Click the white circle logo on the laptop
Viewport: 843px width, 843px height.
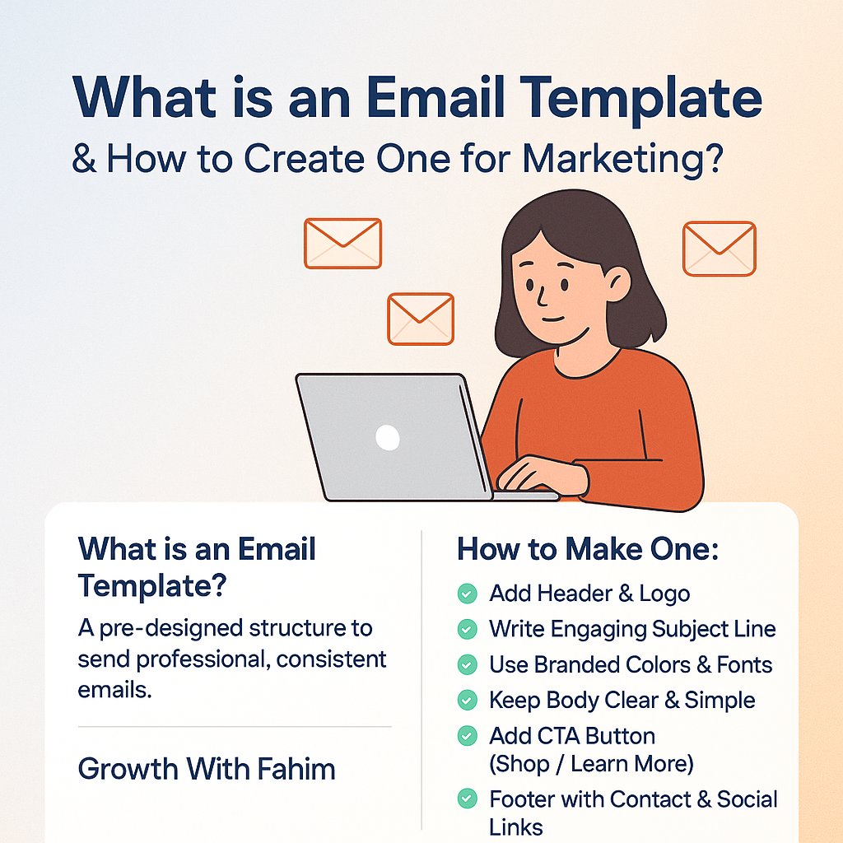pyautogui.click(x=387, y=437)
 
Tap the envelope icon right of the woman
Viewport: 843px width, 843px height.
pyautogui.click(x=719, y=249)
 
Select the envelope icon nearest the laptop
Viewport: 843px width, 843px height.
pyautogui.click(x=421, y=319)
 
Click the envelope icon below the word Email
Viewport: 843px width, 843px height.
pyautogui.click(x=342, y=243)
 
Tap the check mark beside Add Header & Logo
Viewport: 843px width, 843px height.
pyautogui.click(x=467, y=593)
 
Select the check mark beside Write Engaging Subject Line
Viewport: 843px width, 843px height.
pyautogui.click(x=467, y=629)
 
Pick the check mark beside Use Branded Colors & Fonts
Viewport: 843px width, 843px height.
pyautogui.click(x=467, y=664)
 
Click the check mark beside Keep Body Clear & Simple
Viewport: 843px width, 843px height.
pyautogui.click(x=467, y=700)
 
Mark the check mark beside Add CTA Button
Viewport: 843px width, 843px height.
pyautogui.click(x=467, y=735)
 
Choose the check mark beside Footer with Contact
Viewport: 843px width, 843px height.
pyautogui.click(x=467, y=798)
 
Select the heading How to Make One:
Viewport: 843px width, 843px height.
pyautogui.click(x=588, y=550)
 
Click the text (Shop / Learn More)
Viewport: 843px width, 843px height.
pyautogui.click(x=591, y=764)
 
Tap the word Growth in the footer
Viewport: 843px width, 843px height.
pyautogui.click(x=128, y=769)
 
